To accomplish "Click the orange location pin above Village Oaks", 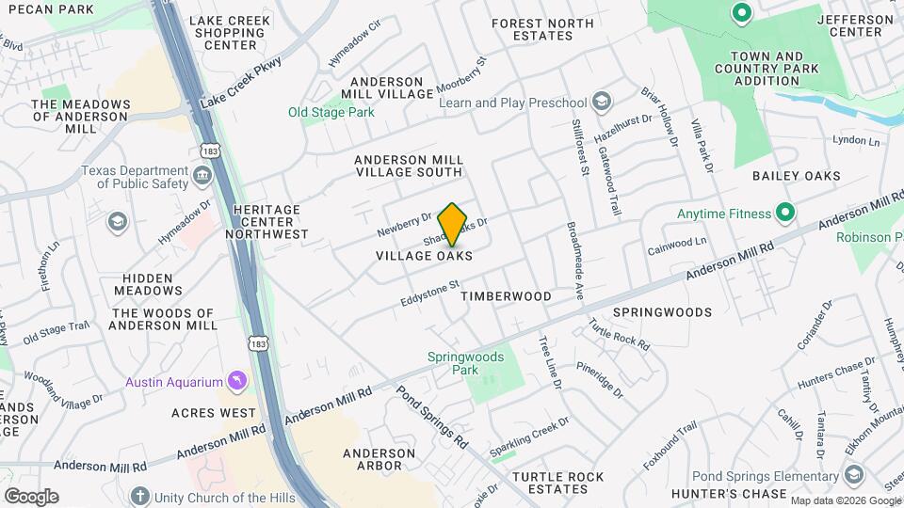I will pos(453,224).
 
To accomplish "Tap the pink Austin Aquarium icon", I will pos(237,381).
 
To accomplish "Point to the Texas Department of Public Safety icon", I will pos(202,176).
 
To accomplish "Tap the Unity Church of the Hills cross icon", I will pos(140,495).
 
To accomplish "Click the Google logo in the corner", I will pos(31,497).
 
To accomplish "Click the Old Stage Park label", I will pos(331,113).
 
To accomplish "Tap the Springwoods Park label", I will pos(465,364).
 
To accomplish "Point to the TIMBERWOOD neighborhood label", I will pos(506,296).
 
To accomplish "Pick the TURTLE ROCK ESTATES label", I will pos(557,483).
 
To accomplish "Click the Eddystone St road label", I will pos(429,291).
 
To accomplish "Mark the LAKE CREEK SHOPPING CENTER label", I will pos(229,33).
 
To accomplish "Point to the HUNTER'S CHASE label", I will pos(739,494).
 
